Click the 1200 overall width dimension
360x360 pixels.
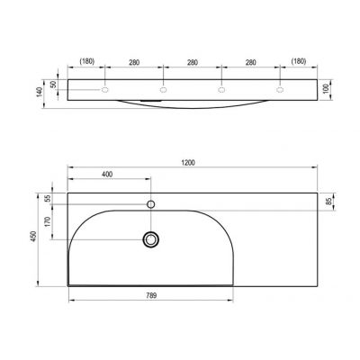pyautogui.click(x=188, y=162)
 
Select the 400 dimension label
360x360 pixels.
pyautogui.click(x=108, y=173)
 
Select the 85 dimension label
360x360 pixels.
pyautogui.click(x=329, y=201)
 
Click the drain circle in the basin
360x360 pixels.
pyautogui.click(x=150, y=238)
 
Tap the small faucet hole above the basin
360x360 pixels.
pyautogui.click(x=150, y=204)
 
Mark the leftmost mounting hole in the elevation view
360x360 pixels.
pyautogui.click(x=105, y=90)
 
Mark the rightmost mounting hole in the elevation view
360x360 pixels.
pyautogui.click(x=279, y=90)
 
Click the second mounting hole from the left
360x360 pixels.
pyautogui.click(x=163, y=90)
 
